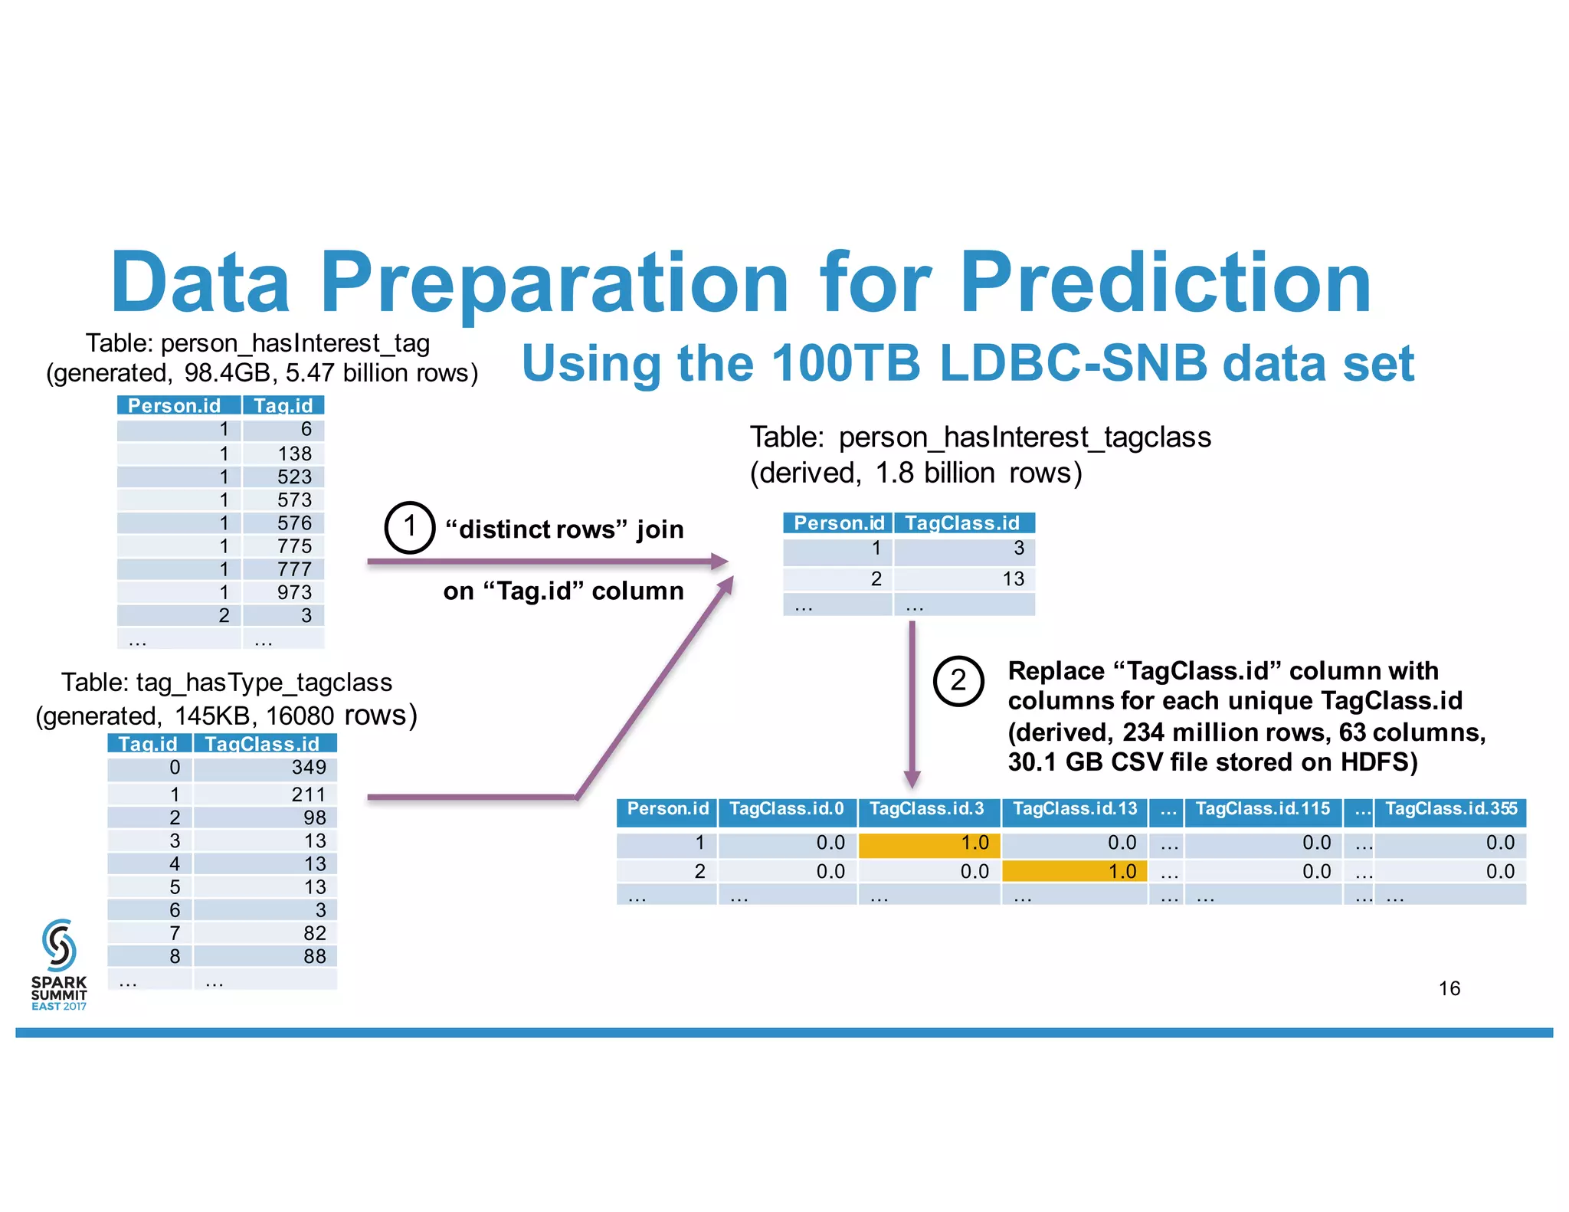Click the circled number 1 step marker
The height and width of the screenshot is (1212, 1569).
point(409,528)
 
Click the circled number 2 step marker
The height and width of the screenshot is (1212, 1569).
point(958,680)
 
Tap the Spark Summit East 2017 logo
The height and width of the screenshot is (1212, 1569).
point(59,964)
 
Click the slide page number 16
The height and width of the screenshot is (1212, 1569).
point(1449,988)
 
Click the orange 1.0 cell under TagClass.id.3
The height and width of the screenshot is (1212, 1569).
point(929,843)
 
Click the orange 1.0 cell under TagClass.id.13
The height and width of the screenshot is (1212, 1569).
point(1074,872)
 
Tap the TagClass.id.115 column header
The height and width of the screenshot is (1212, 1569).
point(1263,810)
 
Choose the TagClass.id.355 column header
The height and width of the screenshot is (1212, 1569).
point(1450,810)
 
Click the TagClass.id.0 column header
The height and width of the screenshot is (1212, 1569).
point(787,810)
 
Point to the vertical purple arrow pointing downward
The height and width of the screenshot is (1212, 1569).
point(912,705)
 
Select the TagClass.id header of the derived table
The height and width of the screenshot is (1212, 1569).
point(962,523)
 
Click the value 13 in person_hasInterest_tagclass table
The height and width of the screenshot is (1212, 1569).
point(1013,579)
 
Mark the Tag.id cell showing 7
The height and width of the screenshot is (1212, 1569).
point(175,933)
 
